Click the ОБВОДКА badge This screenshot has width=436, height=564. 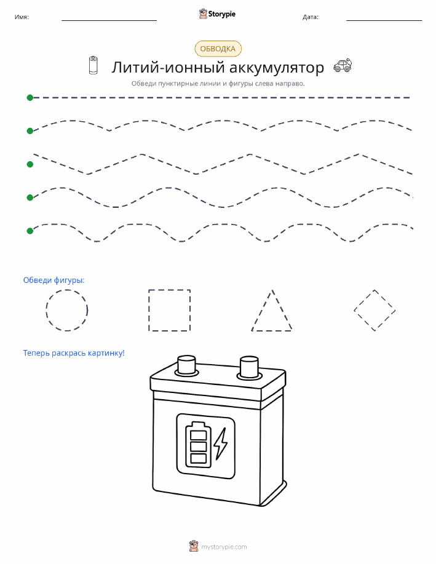[x=218, y=49]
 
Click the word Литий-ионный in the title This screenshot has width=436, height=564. [x=168, y=68]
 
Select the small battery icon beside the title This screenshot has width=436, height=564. [x=93, y=65]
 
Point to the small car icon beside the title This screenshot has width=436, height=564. [x=343, y=65]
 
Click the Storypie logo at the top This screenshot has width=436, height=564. [x=217, y=14]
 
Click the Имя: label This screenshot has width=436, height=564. [x=22, y=17]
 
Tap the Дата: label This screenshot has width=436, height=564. [x=311, y=17]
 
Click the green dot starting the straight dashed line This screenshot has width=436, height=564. [x=30, y=97]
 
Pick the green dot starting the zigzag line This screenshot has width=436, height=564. [x=30, y=164]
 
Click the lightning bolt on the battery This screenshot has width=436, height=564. [x=221, y=443]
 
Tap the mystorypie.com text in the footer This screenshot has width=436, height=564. [x=224, y=547]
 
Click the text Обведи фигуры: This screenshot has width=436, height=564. [x=54, y=280]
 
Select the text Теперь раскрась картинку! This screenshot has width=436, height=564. [x=74, y=353]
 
